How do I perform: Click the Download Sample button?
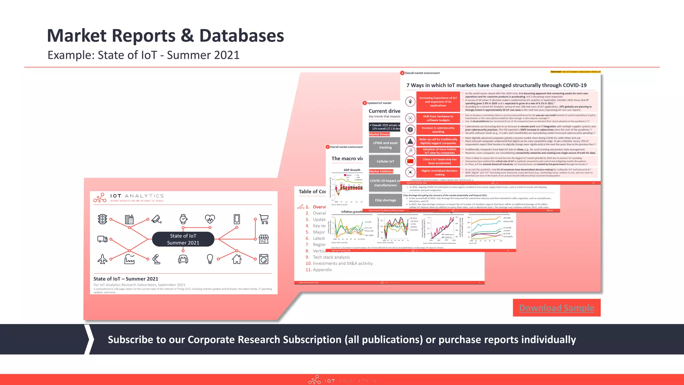tap(556, 308)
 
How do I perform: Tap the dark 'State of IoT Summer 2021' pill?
tap(183, 239)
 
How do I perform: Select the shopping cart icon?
tap(264, 219)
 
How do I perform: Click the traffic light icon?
tap(103, 219)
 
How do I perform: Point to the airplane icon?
tap(103, 259)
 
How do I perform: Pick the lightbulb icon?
tap(210, 259)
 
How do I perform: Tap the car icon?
tap(183, 259)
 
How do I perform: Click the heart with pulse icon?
tap(210, 219)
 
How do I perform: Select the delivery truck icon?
tap(103, 239)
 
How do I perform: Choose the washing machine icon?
tap(264, 259)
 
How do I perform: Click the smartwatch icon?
tap(183, 219)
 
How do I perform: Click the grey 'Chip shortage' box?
tap(385, 200)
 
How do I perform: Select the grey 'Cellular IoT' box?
tap(385, 161)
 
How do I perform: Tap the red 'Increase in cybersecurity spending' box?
tap(438, 130)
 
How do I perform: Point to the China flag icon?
tap(410, 161)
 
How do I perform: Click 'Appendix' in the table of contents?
tap(322, 270)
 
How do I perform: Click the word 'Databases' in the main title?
tap(241, 36)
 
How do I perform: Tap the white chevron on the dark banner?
tap(89, 339)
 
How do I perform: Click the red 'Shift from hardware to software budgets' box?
tap(438, 118)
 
